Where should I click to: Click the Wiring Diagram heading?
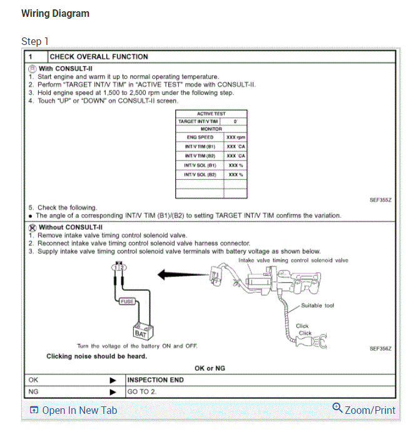tap(55, 14)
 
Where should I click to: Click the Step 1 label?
tap(35, 41)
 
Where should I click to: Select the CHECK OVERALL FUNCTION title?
tap(99, 57)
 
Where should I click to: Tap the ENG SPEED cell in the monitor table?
tap(200, 137)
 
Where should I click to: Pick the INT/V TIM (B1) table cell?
tap(200, 146)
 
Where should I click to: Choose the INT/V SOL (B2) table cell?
tap(200, 175)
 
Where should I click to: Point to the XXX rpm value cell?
tap(235, 137)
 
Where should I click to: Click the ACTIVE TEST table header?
tap(211, 114)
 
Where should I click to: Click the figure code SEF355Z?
tap(380, 200)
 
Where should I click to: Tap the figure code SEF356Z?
tap(380, 348)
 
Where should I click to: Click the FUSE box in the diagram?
tap(127, 302)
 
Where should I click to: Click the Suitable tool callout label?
tap(318, 305)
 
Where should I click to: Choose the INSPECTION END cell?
tap(156, 380)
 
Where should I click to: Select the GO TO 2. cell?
tap(141, 392)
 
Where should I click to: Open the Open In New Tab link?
tap(73, 410)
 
